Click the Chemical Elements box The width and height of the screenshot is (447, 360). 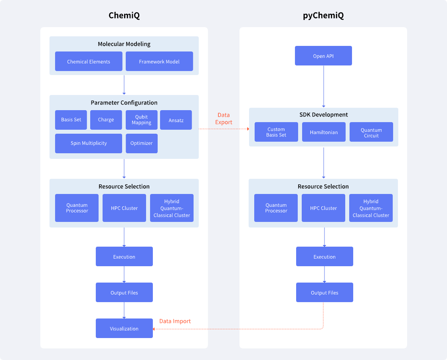click(x=89, y=61)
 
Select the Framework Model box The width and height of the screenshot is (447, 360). click(x=159, y=61)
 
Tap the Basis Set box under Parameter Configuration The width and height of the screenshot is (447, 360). click(x=71, y=120)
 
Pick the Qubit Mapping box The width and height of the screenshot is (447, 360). click(x=142, y=120)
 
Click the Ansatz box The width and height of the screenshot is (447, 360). click(x=176, y=120)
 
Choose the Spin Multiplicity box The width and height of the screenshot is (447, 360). click(x=89, y=143)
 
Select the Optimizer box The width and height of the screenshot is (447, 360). click(x=142, y=143)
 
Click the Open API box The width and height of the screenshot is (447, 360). click(x=323, y=55)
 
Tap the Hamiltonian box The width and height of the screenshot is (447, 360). click(x=324, y=132)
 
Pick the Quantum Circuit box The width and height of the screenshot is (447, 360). click(x=371, y=132)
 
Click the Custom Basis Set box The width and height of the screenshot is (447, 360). click(x=276, y=132)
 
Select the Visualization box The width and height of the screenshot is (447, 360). click(x=124, y=328)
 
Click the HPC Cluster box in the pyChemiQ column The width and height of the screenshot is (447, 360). click(x=323, y=208)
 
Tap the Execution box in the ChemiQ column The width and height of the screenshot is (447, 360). click(x=124, y=257)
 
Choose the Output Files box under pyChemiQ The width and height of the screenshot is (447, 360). click(x=325, y=293)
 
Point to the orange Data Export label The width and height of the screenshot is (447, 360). click(x=224, y=119)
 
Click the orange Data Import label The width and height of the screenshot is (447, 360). click(x=175, y=321)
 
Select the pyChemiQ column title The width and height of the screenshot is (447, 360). click(x=323, y=15)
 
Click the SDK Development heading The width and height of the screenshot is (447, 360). click(x=324, y=115)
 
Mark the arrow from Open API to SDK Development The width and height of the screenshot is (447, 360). click(x=324, y=86)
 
